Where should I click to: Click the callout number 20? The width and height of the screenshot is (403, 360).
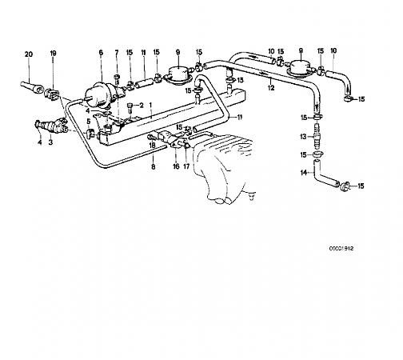coord(29,54)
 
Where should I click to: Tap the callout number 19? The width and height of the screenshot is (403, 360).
coord(53,53)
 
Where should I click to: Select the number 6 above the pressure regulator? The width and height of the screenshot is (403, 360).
coord(101,53)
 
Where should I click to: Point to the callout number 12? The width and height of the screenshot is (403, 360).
coord(271,88)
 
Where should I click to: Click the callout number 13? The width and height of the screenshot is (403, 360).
coord(303,137)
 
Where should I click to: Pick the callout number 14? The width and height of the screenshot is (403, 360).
coord(304,173)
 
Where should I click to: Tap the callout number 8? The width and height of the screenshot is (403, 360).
coord(153,166)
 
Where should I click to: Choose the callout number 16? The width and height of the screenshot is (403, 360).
coord(176,166)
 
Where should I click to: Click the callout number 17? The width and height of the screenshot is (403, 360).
coord(186,166)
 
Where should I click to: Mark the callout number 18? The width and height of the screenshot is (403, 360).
coord(152,146)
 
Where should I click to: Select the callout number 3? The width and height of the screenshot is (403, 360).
coord(50,142)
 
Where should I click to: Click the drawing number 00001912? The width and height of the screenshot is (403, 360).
coord(341,249)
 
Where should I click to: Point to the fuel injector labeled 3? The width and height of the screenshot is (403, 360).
coord(50,125)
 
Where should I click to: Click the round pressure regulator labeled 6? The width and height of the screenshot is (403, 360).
coord(98,94)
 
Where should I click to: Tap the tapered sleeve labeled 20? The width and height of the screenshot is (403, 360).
coord(31,87)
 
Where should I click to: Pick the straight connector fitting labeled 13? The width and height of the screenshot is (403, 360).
coord(317,136)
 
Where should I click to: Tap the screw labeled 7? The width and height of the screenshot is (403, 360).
coord(117,79)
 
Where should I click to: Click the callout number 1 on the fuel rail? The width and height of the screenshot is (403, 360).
coord(150,105)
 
